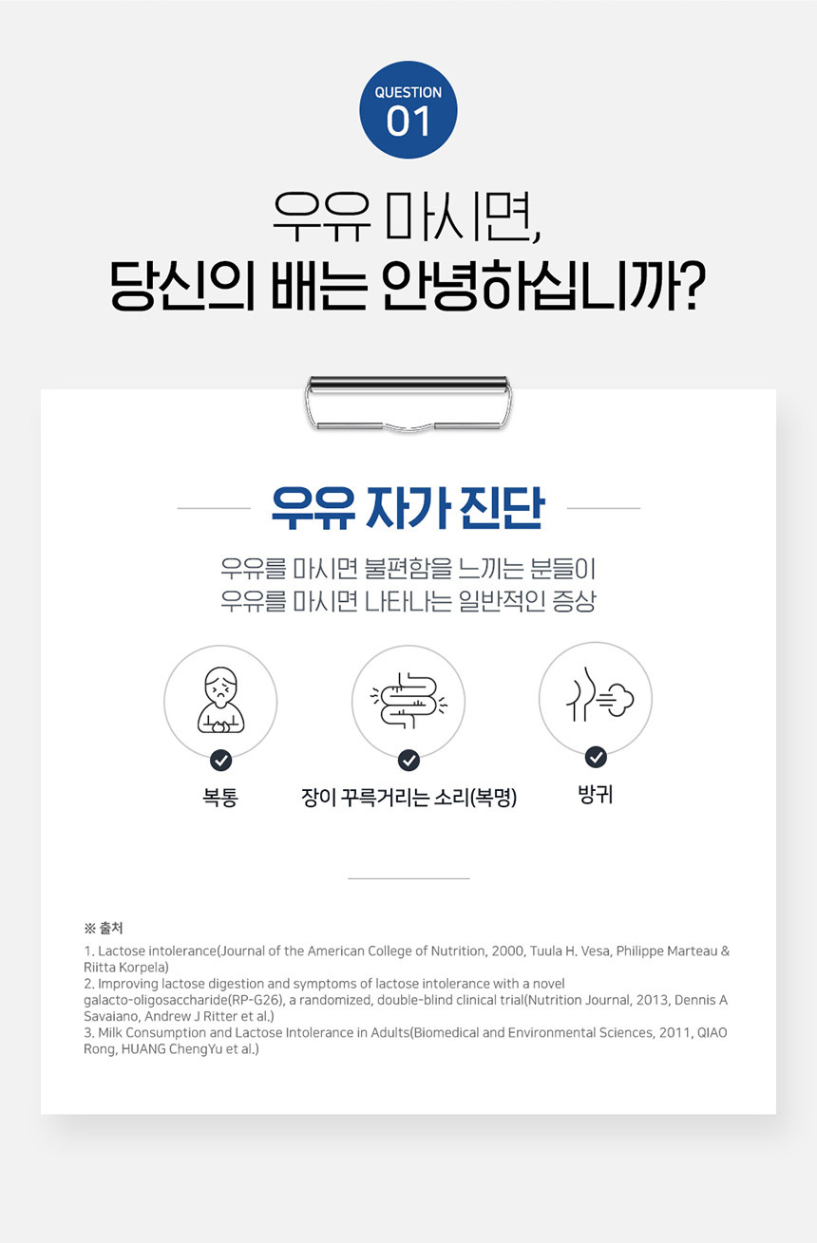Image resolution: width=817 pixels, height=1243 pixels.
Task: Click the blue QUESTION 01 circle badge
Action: tap(408, 110)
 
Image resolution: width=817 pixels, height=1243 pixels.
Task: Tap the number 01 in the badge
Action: tap(408, 122)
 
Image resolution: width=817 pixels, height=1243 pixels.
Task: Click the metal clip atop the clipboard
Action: tap(408, 404)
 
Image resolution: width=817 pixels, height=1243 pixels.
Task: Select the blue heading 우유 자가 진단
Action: tap(408, 508)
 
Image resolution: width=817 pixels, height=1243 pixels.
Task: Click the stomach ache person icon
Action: tap(220, 700)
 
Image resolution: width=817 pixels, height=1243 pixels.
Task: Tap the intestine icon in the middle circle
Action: tap(408, 700)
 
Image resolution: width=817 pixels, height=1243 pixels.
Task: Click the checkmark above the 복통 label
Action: tap(221, 761)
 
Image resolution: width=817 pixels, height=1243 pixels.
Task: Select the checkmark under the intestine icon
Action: tap(409, 761)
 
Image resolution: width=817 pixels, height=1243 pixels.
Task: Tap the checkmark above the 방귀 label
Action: tap(596, 757)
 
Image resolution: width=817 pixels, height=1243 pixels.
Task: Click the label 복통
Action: tap(220, 798)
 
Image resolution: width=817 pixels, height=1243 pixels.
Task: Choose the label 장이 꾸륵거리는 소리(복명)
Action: tap(409, 798)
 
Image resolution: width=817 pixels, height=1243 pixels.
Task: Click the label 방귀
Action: tap(596, 794)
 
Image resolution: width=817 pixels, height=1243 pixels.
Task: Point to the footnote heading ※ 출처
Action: tap(104, 928)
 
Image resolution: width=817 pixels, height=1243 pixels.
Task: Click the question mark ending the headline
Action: tap(693, 285)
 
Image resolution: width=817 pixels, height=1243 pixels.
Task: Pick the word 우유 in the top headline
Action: tap(321, 216)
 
